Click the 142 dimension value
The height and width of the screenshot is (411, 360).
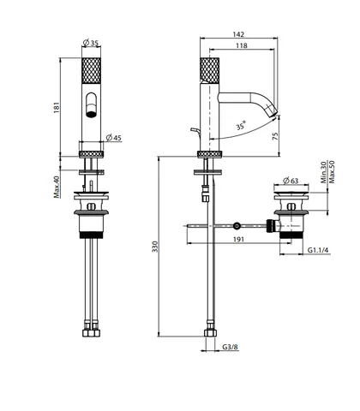point(238,34)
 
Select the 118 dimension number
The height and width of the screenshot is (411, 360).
point(242,45)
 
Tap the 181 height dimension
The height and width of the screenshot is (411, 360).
point(57,108)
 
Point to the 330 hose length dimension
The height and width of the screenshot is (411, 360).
point(154,247)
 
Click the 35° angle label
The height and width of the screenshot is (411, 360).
point(241,126)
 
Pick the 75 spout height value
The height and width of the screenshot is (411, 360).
point(275,136)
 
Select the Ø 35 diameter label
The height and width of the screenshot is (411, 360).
point(91,43)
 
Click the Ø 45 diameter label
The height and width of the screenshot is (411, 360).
point(114,138)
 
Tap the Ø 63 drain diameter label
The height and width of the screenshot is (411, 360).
point(291,181)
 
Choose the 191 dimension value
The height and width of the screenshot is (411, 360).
point(238,239)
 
